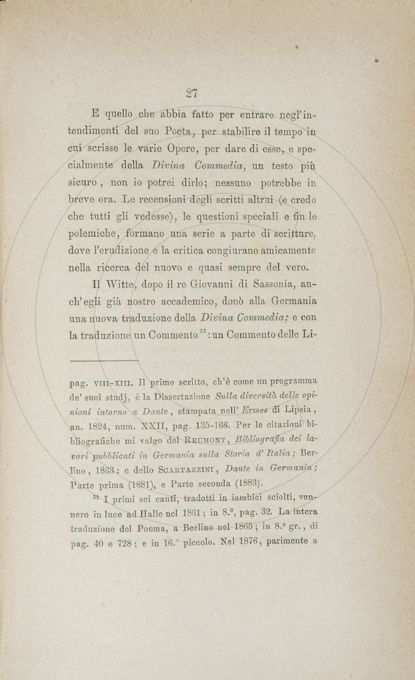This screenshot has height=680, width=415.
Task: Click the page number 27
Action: coord(190,93)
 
